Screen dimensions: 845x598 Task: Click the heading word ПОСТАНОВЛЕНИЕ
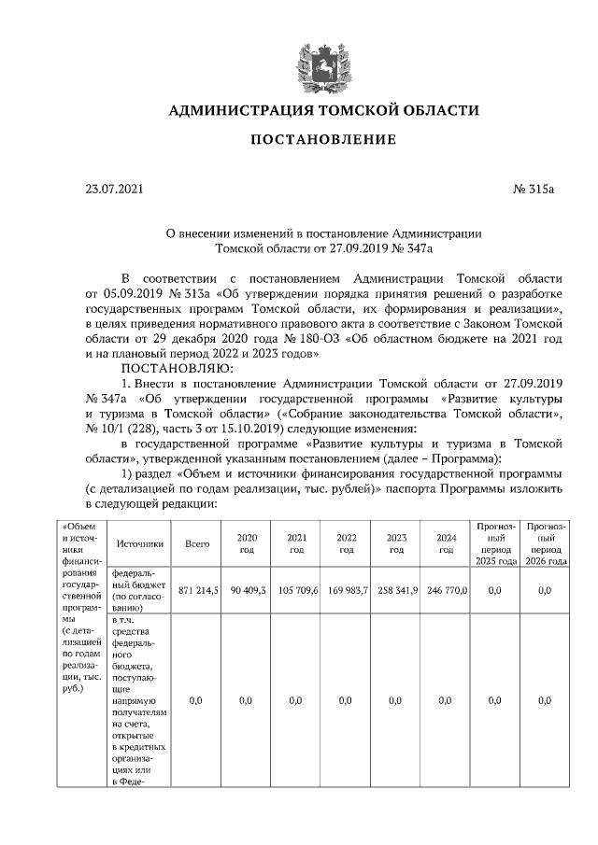321,140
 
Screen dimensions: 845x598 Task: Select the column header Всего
196,542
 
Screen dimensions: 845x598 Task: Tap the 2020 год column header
247,543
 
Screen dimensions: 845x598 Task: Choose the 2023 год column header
396,543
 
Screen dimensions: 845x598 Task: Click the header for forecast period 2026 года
546,543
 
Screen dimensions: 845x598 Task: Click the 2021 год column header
296,543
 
